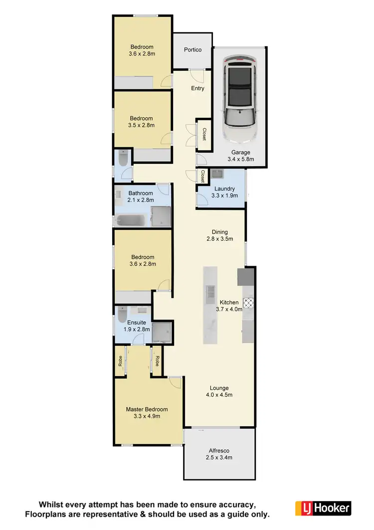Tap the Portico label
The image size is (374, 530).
coord(192,49)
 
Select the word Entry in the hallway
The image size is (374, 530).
coord(198,88)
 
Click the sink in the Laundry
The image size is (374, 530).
coord(217,175)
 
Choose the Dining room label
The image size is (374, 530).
coord(220,232)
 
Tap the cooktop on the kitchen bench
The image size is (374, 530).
coord(248,302)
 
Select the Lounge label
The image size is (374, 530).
coord(219,388)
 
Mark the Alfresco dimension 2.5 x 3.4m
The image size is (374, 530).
coord(220,457)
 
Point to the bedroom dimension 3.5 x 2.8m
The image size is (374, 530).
coord(142,125)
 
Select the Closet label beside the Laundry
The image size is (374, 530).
coord(203,176)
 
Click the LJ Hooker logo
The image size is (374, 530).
coord(323,508)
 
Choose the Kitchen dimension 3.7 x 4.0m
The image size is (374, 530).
coord(229,309)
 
